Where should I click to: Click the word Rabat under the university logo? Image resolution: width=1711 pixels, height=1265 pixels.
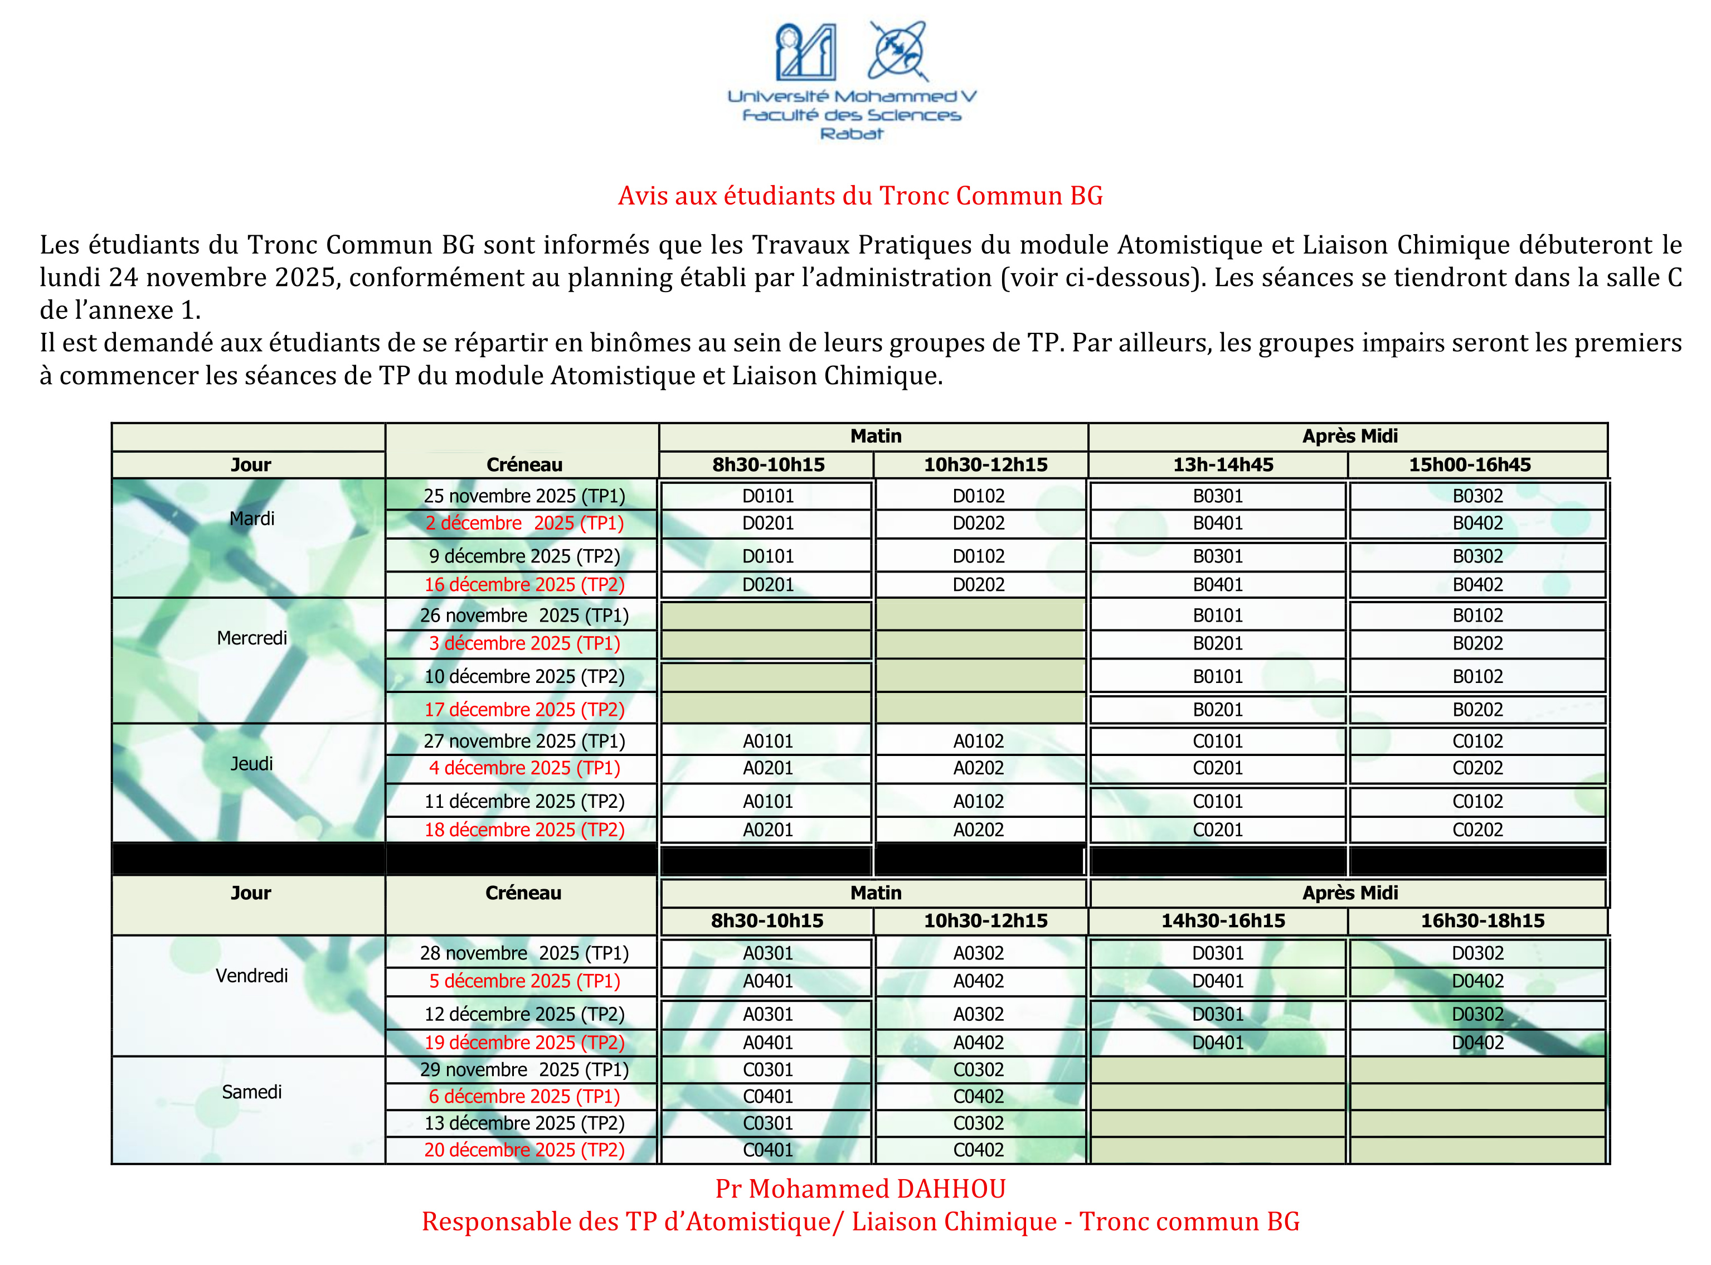pyautogui.click(x=851, y=134)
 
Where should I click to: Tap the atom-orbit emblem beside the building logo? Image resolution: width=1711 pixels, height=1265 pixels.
pyautogui.click(x=898, y=51)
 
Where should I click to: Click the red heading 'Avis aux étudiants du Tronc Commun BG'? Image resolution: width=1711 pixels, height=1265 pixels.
pyautogui.click(x=860, y=196)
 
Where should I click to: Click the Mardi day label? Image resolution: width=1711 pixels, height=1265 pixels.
pyautogui.click(x=252, y=518)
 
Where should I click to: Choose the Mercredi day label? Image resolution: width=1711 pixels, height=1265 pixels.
pyautogui.click(x=252, y=638)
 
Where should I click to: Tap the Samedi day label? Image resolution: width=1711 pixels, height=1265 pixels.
pyautogui.click(x=252, y=1092)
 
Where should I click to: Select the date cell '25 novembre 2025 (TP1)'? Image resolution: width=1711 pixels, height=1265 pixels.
pyautogui.click(x=524, y=496)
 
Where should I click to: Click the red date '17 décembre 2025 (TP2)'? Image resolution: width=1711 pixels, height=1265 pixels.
pyautogui.click(x=524, y=710)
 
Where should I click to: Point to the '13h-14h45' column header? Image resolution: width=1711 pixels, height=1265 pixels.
pyautogui.click(x=1223, y=465)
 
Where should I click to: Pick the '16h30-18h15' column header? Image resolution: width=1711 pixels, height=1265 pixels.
pyautogui.click(x=1483, y=921)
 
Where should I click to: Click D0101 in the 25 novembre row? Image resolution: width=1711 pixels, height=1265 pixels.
pyautogui.click(x=768, y=496)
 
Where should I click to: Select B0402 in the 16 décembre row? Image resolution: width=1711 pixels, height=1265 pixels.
pyautogui.click(x=1477, y=585)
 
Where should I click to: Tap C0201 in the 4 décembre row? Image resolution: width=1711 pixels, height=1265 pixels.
pyautogui.click(x=1218, y=768)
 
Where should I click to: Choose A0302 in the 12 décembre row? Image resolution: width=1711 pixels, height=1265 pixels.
pyautogui.click(x=978, y=1015)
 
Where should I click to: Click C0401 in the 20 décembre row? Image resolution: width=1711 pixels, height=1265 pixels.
pyautogui.click(x=768, y=1150)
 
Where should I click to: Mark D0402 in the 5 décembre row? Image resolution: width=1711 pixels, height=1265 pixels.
pyautogui.click(x=1477, y=982)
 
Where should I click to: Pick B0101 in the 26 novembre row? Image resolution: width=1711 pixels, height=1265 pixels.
pyautogui.click(x=1218, y=615)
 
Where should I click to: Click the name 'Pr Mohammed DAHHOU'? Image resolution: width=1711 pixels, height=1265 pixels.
pyautogui.click(x=861, y=1189)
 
